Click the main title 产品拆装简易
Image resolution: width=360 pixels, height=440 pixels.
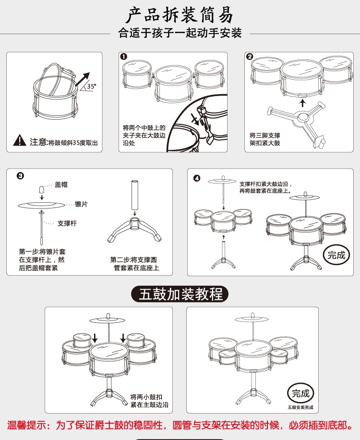(x=180, y=15)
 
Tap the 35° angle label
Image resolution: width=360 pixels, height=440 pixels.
(x=91, y=86)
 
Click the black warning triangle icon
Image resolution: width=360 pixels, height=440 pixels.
(x=20, y=140)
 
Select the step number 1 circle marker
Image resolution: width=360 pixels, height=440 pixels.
(x=124, y=56)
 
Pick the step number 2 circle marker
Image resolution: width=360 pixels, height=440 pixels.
(x=249, y=56)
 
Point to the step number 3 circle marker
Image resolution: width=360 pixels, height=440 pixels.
(x=21, y=176)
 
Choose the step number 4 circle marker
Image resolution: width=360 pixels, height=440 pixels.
(x=197, y=178)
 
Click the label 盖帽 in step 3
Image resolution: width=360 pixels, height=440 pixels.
(x=61, y=184)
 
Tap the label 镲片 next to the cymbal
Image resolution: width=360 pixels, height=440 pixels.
(x=81, y=204)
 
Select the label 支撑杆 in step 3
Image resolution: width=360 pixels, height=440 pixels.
(x=67, y=223)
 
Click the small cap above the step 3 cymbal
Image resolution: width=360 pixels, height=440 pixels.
(x=42, y=189)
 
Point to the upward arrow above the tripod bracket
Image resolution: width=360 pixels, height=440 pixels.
(x=302, y=103)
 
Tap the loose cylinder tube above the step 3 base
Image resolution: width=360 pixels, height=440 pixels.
(x=134, y=195)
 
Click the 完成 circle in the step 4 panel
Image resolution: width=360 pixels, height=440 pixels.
(x=336, y=255)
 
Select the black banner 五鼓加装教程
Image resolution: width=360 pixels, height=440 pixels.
(x=180, y=294)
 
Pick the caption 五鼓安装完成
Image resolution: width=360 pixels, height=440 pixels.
(x=300, y=407)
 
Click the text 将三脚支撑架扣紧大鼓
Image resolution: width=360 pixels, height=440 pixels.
(x=265, y=139)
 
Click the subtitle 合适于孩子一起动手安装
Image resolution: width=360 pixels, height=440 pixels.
(x=180, y=33)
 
